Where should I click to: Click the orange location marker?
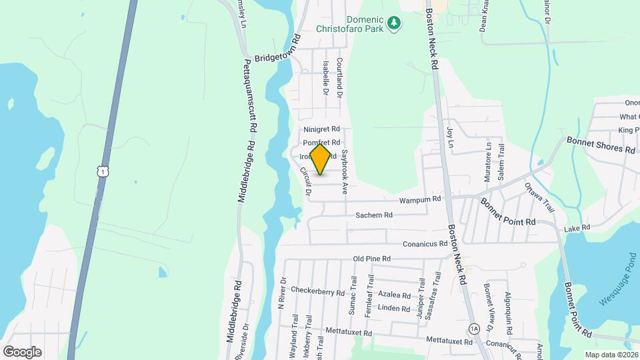click(321, 159)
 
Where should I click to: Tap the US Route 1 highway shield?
click(101, 172)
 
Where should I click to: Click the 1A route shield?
click(474, 329)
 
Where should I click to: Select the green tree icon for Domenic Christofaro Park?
click(395, 24)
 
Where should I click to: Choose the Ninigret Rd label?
click(321, 129)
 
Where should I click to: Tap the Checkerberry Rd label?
click(317, 292)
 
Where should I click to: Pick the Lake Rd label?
click(577, 228)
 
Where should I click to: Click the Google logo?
click(22, 351)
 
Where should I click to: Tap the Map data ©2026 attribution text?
click(611, 354)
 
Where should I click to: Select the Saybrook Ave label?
click(345, 171)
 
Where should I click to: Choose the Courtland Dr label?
click(339, 79)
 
